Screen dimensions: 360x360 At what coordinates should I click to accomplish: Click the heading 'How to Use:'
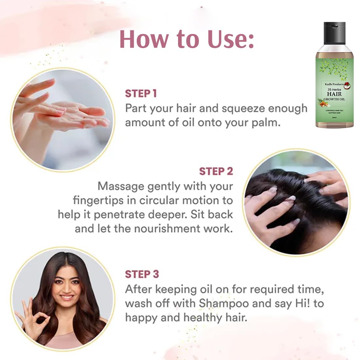click(x=187, y=39)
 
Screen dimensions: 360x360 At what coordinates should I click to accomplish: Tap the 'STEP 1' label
click(x=141, y=94)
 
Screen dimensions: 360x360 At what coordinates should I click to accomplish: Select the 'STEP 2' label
click(x=216, y=171)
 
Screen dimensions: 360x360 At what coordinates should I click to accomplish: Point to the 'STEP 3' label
click(x=142, y=274)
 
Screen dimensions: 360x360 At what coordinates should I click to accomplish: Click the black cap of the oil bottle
click(x=334, y=33)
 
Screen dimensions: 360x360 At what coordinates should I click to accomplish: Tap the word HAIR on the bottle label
click(x=334, y=94)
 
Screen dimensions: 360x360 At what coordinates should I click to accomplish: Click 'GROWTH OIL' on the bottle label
click(x=334, y=99)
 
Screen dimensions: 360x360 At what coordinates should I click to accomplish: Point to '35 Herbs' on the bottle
click(x=334, y=90)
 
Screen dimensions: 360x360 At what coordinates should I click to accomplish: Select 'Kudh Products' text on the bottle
click(x=334, y=84)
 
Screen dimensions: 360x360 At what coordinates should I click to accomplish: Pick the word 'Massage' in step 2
click(x=121, y=187)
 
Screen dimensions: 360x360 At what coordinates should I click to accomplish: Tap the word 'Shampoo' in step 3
click(x=224, y=303)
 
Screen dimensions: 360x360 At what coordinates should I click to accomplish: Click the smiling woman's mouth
click(x=66, y=297)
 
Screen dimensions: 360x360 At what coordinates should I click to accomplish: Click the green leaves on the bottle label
click(x=334, y=66)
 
